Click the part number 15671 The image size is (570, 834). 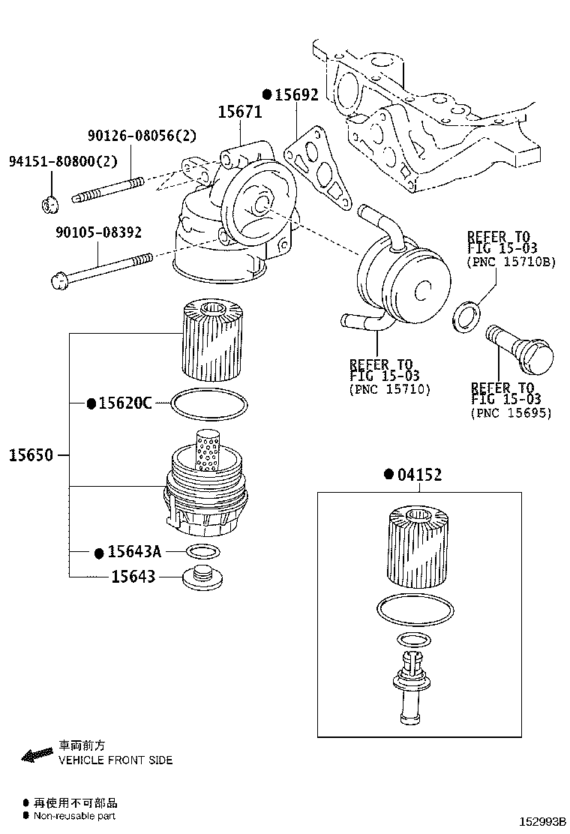pos(239,112)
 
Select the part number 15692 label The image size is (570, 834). pos(295,94)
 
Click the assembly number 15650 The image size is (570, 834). pos(31,455)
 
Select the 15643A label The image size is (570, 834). pos(133,552)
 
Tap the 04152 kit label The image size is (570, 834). pos(418,475)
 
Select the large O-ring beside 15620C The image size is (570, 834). pos(209,404)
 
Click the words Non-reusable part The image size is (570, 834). pos(75,816)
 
